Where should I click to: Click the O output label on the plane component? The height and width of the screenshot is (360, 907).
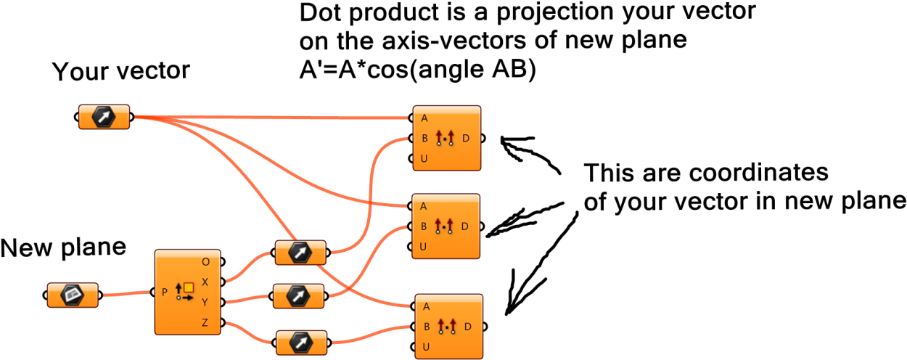[205, 261]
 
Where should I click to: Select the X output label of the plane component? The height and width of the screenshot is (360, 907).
[205, 282]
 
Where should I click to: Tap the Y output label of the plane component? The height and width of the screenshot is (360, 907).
[205, 302]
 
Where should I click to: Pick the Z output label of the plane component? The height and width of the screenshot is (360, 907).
[205, 322]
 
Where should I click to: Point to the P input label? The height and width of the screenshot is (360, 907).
[165, 292]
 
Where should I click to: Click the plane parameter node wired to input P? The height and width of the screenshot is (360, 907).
[73, 295]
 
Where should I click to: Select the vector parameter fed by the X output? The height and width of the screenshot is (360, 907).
[300, 253]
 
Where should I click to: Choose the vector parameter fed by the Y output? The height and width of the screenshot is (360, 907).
[298, 296]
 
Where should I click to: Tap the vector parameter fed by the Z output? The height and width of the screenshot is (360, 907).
[301, 343]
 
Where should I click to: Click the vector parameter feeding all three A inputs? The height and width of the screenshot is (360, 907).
[104, 116]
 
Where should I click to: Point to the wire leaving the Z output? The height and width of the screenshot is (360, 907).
[250, 333]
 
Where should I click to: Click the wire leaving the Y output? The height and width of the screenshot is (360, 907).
[248, 298]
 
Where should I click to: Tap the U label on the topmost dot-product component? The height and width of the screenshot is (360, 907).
[424, 158]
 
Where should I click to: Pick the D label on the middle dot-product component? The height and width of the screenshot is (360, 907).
[465, 226]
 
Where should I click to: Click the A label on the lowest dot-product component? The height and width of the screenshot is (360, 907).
[427, 306]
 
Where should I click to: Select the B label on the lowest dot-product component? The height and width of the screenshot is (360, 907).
[427, 327]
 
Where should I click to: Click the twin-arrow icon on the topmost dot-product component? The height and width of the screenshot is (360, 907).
[445, 137]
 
